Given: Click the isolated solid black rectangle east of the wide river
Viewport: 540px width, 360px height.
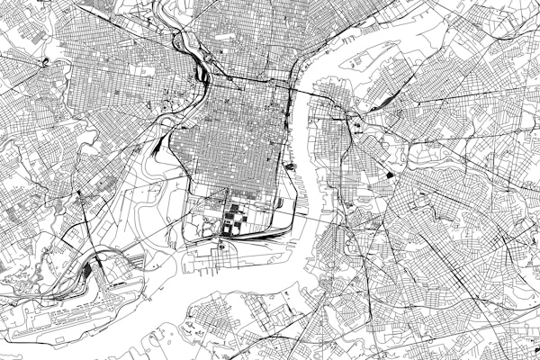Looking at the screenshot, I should coord(389,175).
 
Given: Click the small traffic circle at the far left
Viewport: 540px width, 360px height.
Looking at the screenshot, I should coord(42,62).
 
